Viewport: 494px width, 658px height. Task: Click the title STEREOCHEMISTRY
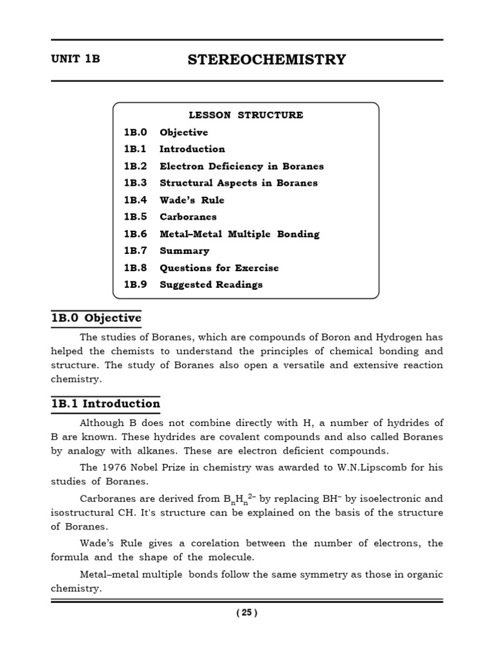point(266,60)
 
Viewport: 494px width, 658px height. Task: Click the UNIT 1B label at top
point(76,59)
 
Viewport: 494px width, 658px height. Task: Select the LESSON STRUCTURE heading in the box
point(246,115)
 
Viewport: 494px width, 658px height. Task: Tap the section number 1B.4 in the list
point(136,200)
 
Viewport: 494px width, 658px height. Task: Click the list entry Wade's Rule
point(192,200)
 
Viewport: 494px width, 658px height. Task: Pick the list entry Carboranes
point(188,217)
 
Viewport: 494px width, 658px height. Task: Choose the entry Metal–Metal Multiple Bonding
point(239,234)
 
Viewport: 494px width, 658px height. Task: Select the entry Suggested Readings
point(211,285)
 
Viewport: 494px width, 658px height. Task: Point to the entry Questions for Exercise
point(219,268)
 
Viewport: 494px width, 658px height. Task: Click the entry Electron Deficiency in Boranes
point(241,166)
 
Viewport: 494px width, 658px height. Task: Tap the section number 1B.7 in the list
point(136,251)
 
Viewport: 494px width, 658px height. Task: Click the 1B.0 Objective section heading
point(96,318)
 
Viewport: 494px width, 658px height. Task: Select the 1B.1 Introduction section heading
point(105,404)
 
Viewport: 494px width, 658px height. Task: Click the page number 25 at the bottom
point(246,612)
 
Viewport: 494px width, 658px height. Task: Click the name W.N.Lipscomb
point(374,467)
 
